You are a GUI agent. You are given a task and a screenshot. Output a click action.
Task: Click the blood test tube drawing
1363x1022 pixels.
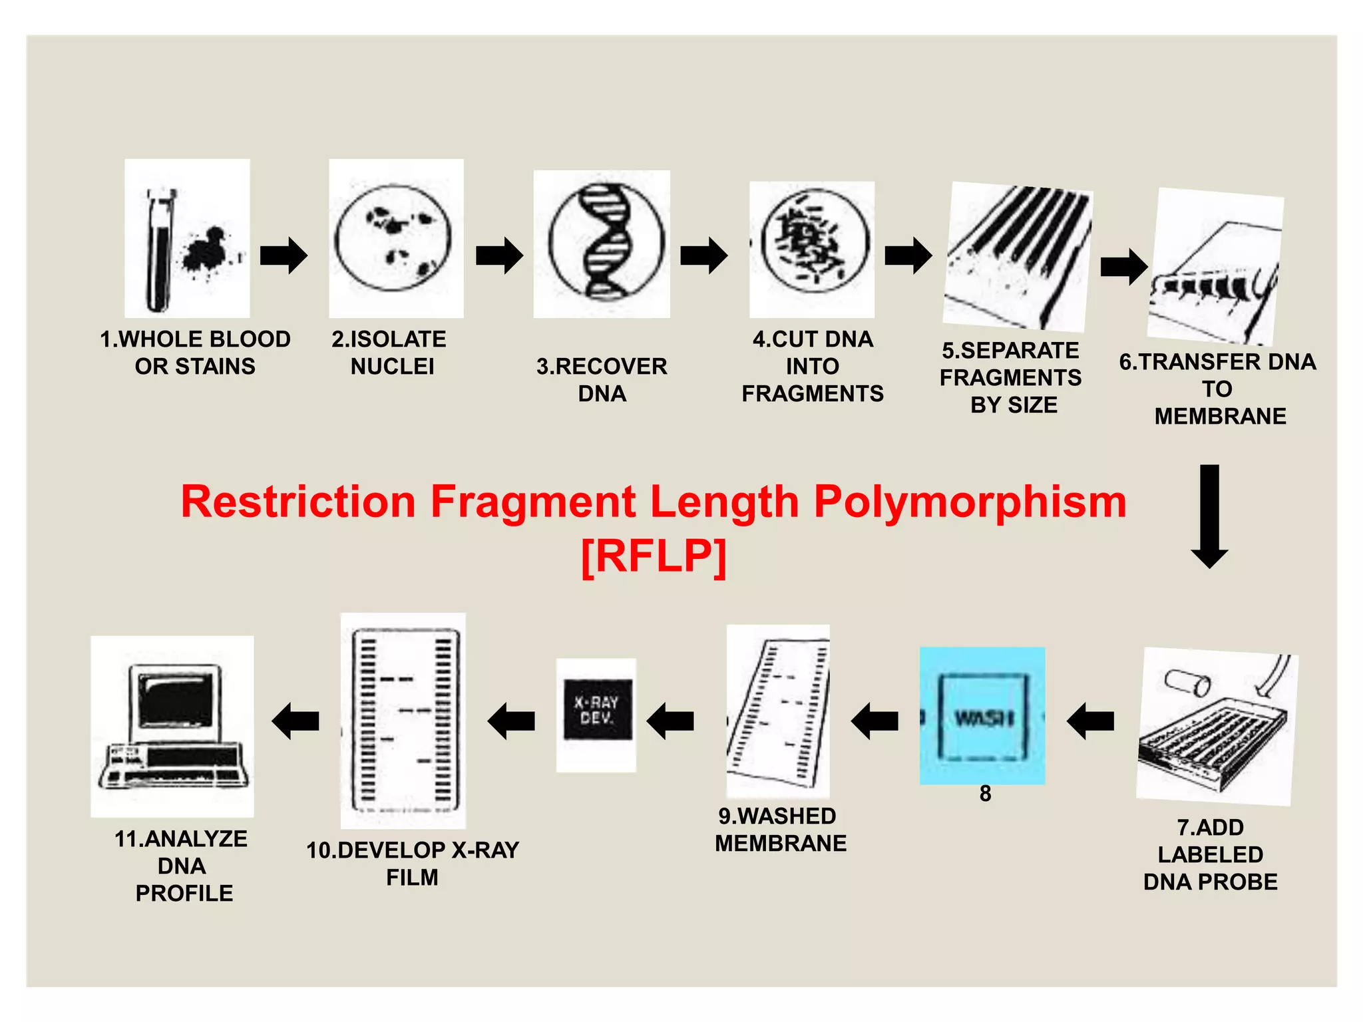158,252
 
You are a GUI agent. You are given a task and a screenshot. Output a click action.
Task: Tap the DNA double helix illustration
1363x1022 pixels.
606,242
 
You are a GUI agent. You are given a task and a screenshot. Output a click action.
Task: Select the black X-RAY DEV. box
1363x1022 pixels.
597,710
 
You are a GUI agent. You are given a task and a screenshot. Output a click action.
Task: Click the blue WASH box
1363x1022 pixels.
982,717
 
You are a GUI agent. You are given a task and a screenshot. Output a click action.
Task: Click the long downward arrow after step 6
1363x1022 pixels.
1209,516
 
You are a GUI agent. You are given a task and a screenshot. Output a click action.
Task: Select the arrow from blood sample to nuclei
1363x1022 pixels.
284,255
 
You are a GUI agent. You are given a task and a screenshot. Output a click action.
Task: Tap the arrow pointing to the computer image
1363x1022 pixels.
295,721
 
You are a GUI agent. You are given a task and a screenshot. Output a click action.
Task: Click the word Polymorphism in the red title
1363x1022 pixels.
970,502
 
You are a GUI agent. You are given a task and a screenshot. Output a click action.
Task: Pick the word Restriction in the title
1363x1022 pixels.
298,502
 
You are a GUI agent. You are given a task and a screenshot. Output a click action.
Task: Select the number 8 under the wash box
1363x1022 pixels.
985,794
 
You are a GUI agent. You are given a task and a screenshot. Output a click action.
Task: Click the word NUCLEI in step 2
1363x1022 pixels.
392,367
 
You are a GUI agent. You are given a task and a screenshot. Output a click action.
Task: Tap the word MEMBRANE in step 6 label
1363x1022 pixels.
1220,417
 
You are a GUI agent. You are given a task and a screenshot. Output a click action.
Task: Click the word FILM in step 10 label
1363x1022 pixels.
412,878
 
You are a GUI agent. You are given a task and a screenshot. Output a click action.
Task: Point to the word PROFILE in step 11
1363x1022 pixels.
184,894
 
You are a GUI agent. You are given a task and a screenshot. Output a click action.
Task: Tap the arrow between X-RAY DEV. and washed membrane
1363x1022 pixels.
670,721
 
